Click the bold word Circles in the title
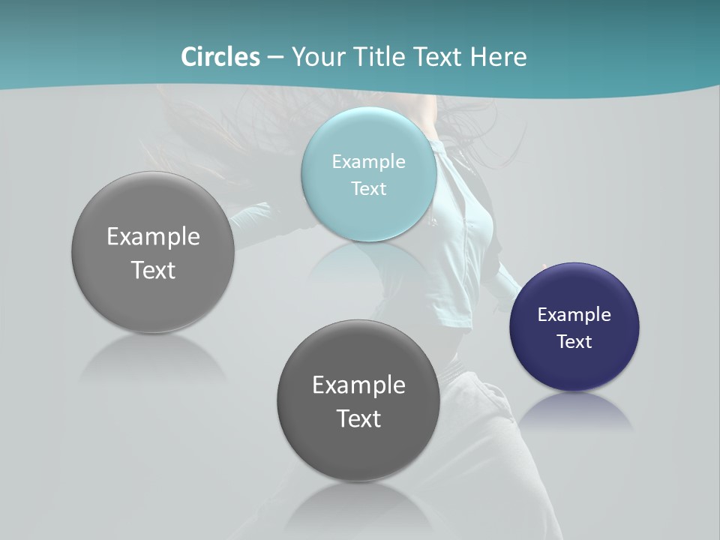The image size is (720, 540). coord(220,57)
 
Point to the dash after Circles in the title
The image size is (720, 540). coord(275,58)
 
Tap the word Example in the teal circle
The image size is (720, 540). coord(368,161)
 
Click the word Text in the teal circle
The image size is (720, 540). coord(368,188)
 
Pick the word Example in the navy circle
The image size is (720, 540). coord(574,314)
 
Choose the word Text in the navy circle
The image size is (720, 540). coord(574,341)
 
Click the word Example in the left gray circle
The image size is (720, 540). coord(153,236)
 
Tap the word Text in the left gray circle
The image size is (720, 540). coord(153,270)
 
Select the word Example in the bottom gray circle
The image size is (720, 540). coord(358,385)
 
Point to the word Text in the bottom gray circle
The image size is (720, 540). coord(358,418)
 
